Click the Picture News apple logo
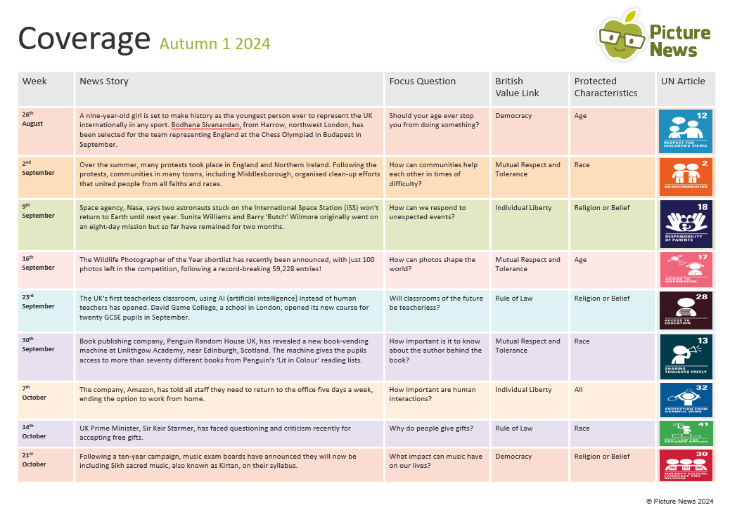(622, 37)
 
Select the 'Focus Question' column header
(422, 81)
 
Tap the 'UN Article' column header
(682, 81)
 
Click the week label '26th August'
(32, 119)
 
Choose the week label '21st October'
(34, 460)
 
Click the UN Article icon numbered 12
(685, 131)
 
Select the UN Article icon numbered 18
(685, 223)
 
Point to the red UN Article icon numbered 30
(685, 464)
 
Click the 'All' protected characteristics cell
(578, 390)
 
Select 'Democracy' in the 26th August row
(513, 116)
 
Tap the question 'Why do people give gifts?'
(431, 429)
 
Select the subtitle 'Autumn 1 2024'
(214, 44)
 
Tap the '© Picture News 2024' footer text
(679, 501)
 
